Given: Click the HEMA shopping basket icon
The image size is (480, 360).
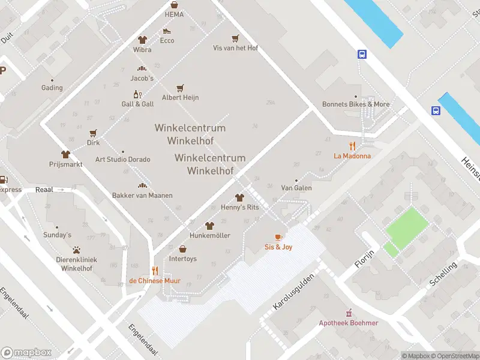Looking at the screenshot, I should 174,4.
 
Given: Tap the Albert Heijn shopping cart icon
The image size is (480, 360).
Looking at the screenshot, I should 179,88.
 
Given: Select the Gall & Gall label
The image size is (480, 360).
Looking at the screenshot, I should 137,104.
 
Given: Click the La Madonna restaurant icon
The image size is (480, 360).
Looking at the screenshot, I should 352,146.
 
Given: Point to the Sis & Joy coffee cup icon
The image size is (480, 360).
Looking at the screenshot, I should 278,238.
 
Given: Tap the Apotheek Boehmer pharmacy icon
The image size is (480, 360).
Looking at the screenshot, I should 349,313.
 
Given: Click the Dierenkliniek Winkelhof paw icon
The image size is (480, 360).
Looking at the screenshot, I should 77,250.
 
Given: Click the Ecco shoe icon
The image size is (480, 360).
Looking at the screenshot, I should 167,31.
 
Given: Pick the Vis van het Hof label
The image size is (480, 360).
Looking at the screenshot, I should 235,48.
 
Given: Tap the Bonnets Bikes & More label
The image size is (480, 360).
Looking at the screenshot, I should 356,104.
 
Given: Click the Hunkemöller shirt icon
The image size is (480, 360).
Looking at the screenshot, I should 209,226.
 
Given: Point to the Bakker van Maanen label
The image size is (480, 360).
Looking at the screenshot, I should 142,196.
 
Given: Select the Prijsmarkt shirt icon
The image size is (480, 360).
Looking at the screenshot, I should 65,154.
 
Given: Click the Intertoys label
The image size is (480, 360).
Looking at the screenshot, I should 182,259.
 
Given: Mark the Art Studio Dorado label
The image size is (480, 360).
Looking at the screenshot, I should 122,160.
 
